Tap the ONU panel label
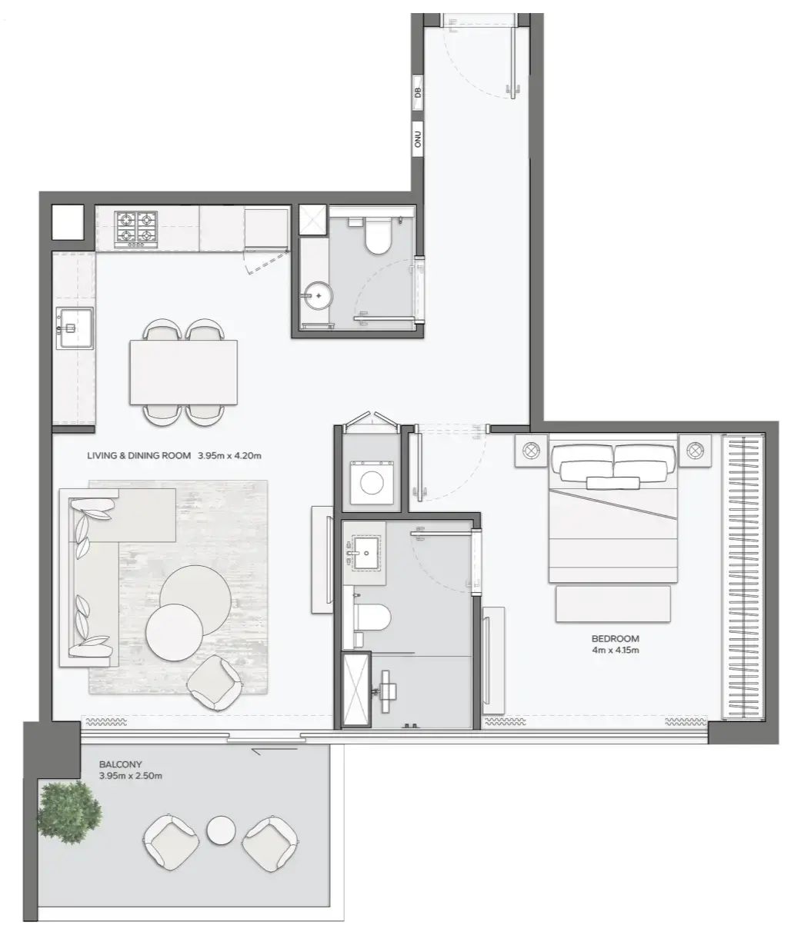[418, 139]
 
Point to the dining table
[183, 371]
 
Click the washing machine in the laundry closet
[372, 482]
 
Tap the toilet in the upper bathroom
[378, 237]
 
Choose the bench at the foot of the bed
[612, 604]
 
